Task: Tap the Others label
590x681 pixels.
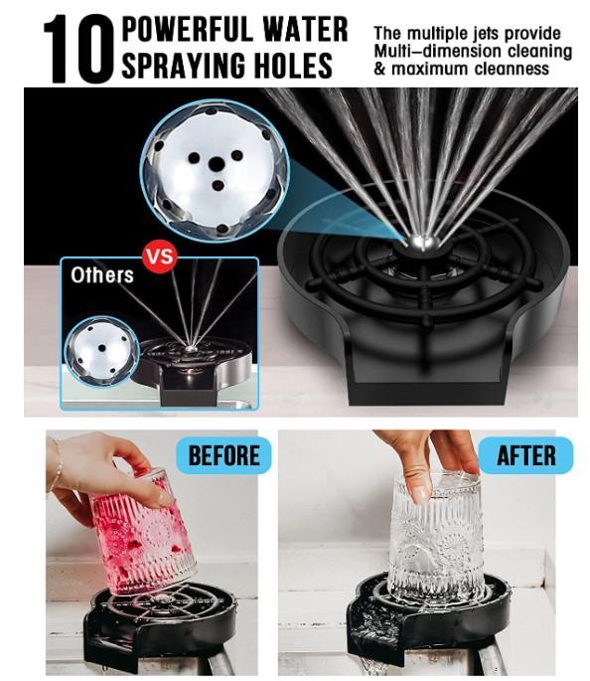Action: [101, 274]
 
